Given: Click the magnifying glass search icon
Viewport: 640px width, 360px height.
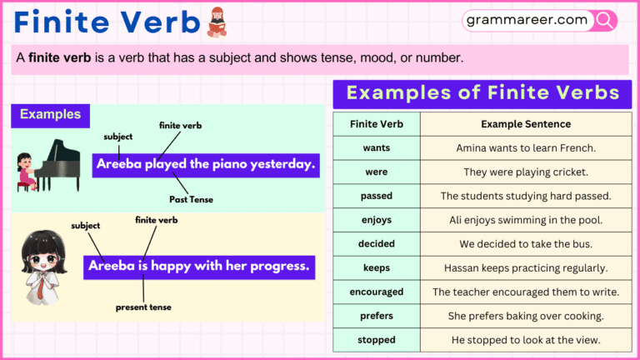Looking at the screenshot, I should point(605,20).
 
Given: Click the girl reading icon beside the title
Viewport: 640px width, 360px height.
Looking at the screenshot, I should point(217,22).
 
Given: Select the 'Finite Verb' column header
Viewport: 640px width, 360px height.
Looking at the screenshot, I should point(377,124).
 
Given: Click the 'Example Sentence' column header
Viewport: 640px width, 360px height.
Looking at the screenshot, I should point(526,124).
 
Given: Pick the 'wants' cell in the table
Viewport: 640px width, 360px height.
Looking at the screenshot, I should point(377,148).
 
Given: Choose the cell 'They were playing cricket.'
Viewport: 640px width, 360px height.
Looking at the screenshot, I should point(526,172).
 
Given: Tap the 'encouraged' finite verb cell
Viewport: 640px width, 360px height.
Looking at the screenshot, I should point(377,292).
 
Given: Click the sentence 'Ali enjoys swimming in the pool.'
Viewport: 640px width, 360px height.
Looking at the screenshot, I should point(526,220).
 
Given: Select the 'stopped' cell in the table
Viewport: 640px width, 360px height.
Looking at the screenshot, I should point(377,340).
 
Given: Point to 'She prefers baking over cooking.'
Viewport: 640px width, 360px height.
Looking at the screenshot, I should point(526,316).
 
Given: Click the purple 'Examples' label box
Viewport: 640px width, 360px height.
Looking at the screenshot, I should point(50,115).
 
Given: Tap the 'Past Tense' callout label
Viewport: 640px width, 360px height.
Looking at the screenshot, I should point(190,200).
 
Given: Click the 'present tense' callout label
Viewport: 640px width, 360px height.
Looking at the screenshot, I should point(143,307).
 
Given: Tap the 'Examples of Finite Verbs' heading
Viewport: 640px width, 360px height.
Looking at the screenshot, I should point(482,93).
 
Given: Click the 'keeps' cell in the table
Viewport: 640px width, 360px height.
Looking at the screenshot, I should point(377,268).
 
